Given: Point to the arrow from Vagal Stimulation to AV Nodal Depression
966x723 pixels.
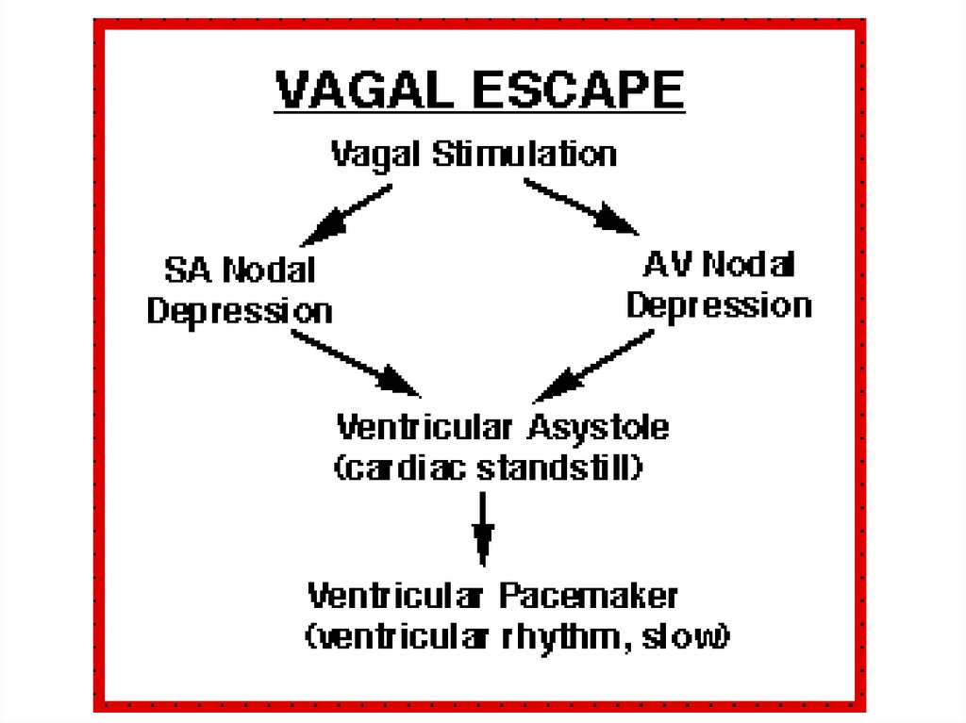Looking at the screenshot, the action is coord(580,205).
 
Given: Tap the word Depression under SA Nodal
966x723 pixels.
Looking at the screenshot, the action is coord(240,310).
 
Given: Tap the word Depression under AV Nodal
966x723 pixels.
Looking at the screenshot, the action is coord(719,304).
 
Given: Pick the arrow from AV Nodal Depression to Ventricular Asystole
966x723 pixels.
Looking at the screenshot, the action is coord(593,367).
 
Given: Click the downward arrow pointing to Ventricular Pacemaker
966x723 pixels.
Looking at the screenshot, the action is coord(483,528).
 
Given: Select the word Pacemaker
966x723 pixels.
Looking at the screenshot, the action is coord(588,596).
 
